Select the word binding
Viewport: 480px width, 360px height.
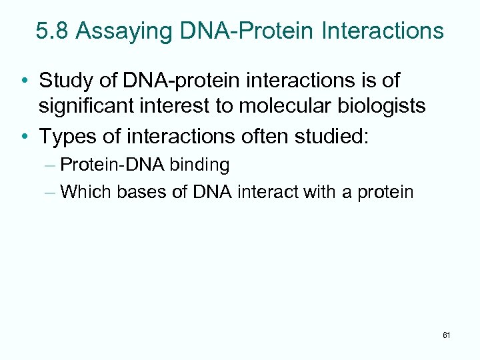pos(199,165)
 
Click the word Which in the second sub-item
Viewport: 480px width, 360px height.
pos(85,193)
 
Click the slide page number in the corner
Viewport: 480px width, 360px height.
pos(446,335)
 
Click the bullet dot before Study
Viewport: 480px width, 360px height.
pos(24,81)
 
